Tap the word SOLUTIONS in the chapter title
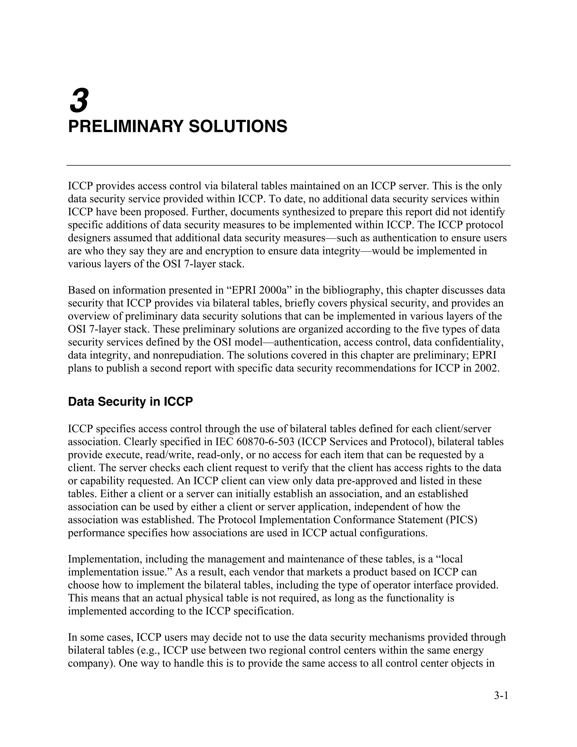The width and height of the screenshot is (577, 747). point(238,127)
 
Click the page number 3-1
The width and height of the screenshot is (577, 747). point(501,695)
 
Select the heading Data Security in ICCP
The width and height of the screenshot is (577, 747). point(130,401)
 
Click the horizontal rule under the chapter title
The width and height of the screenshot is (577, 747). point(288,165)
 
